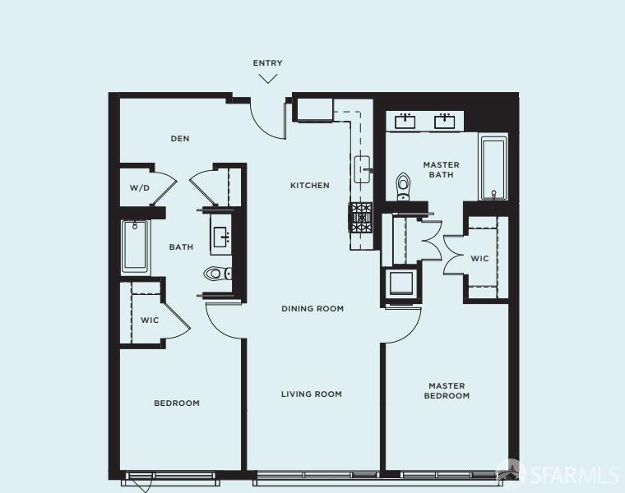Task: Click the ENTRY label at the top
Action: (267, 63)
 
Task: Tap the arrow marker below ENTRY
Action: (268, 79)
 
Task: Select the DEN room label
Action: (180, 139)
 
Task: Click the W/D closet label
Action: (139, 188)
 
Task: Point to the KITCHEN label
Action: (309, 186)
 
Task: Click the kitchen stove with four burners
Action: (362, 218)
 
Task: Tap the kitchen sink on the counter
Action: (363, 170)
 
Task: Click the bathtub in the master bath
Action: (493, 169)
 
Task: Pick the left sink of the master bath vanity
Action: (405, 122)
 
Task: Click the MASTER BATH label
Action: (442, 169)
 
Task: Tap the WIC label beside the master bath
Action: (479, 259)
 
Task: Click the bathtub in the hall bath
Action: (136, 246)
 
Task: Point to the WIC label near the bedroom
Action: (149, 320)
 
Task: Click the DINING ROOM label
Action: (312, 309)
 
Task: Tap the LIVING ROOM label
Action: (312, 394)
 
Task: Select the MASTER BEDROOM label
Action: (447, 390)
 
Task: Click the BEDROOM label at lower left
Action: (177, 403)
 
